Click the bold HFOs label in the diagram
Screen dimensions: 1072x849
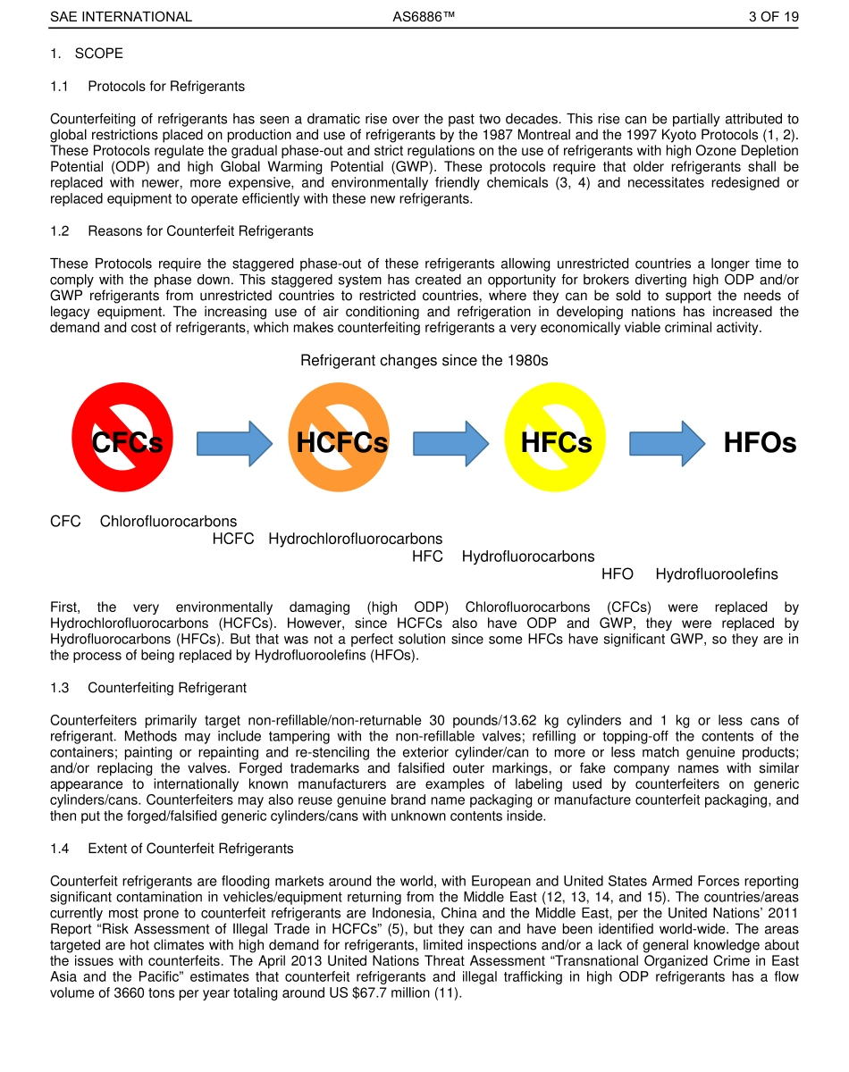click(760, 443)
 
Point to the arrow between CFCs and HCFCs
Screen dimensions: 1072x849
click(234, 443)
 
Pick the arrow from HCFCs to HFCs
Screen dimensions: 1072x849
click(450, 443)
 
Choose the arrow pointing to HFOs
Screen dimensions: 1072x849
click(668, 443)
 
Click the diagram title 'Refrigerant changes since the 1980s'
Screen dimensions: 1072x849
click(424, 361)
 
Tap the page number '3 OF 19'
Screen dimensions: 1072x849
click(773, 17)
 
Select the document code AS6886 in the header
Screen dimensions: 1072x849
click(424, 17)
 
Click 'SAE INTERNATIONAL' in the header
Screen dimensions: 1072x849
click(121, 17)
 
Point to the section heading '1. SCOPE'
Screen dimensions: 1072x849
click(87, 54)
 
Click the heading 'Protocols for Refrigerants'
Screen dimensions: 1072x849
click(166, 87)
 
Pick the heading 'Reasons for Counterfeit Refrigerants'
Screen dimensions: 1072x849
click(200, 231)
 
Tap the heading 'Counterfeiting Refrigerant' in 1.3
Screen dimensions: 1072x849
click(167, 688)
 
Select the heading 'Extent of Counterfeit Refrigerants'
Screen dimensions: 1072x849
click(190, 849)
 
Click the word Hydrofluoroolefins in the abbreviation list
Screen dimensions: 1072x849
click(717, 574)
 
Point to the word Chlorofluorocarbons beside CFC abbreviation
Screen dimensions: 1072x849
click(168, 522)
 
